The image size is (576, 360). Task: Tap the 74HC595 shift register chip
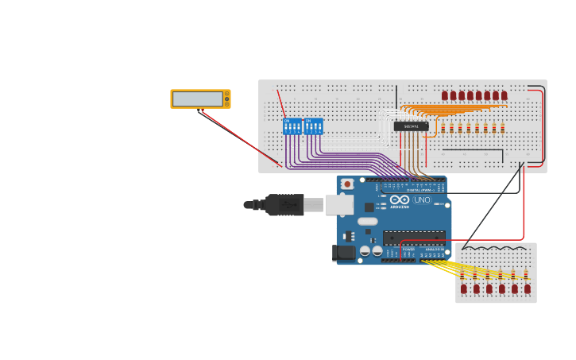tap(411, 126)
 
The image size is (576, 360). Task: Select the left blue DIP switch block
tap(292, 126)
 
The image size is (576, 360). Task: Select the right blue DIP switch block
tap(314, 126)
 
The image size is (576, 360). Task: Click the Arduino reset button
tap(346, 184)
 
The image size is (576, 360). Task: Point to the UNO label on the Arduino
tap(422, 199)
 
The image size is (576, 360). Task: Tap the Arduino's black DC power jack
tap(344, 253)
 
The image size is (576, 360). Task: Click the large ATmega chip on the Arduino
tap(414, 237)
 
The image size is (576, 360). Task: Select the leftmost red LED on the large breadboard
tap(445, 95)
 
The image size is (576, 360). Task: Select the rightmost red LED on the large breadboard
tap(504, 95)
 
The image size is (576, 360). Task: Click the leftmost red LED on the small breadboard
tap(464, 288)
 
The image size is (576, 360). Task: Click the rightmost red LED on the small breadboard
tap(527, 288)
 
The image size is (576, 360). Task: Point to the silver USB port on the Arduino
tap(339, 205)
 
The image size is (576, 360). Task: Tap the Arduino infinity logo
tap(400, 199)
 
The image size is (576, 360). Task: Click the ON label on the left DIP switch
tap(287, 121)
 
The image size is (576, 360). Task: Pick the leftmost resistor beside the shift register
tap(443, 128)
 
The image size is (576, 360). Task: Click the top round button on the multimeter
tap(226, 94)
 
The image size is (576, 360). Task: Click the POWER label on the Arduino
tap(408, 250)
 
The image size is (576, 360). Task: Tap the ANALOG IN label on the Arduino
tap(435, 250)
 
